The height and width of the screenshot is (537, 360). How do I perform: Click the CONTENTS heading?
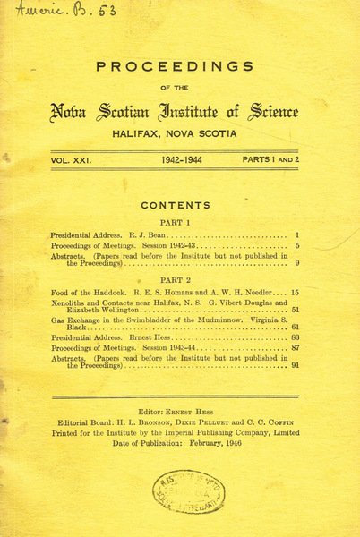point(176,205)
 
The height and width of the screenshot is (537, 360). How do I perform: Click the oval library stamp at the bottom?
point(188,491)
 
